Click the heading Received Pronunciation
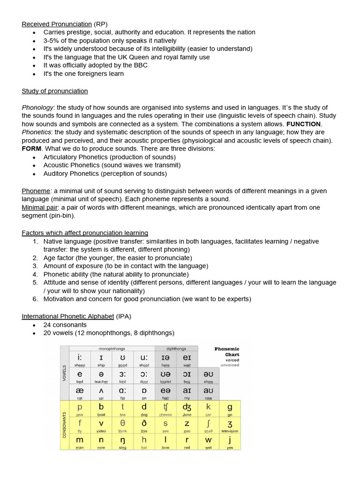click(x=57, y=24)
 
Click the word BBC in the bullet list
click(x=140, y=65)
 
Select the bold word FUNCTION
click(x=303, y=124)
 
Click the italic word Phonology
click(x=37, y=107)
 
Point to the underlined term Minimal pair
click(x=37, y=207)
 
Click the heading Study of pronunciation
click(x=54, y=91)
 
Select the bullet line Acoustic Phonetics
click(x=112, y=165)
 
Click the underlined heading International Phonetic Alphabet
click(x=67, y=316)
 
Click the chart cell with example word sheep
click(x=80, y=360)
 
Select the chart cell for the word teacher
click(x=101, y=376)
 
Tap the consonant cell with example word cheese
click(x=165, y=409)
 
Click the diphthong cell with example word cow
click(x=208, y=393)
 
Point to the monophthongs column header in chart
click(x=112, y=349)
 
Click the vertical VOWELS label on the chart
click(x=65, y=373)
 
